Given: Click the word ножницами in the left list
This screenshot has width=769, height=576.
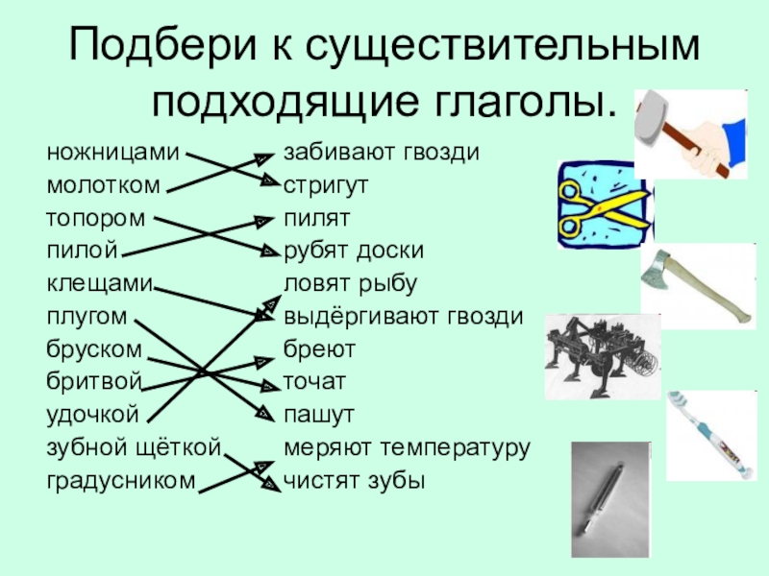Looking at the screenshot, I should [x=112, y=154].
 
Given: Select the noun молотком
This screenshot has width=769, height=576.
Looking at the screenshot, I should [x=104, y=186].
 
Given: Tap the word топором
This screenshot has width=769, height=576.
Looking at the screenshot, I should [x=96, y=219].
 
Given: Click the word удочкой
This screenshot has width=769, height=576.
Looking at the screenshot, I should [x=94, y=415].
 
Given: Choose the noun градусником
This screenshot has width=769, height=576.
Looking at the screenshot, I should [x=120, y=480].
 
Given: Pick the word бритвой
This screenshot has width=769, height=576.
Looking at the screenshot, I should [x=94, y=382].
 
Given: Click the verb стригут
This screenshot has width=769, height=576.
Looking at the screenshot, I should [x=327, y=186].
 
